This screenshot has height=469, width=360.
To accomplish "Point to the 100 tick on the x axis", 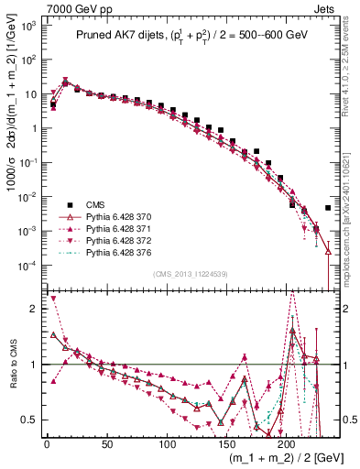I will click(166, 442).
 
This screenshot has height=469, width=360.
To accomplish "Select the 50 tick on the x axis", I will click(106, 442).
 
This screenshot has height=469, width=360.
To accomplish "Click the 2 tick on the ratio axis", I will click(37, 309).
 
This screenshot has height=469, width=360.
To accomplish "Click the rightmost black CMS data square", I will click(328, 208).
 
